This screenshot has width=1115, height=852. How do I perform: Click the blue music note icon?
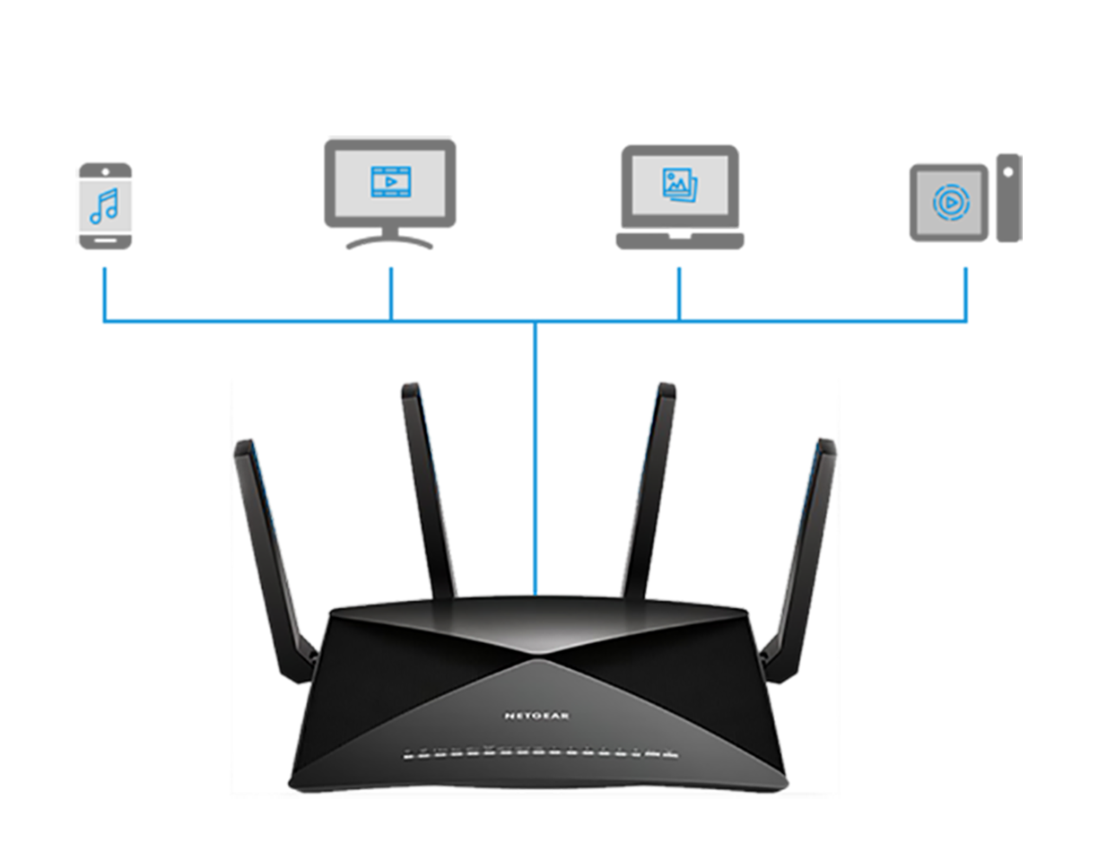[103, 205]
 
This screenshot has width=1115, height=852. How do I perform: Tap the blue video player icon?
[390, 181]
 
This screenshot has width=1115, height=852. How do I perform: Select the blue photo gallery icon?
[680, 183]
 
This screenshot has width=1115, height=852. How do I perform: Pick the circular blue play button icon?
[951, 203]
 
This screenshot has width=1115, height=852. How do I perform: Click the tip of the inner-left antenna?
[410, 388]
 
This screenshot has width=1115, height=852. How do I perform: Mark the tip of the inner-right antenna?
[666, 388]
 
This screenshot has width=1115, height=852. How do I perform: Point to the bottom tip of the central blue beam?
[536, 593]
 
